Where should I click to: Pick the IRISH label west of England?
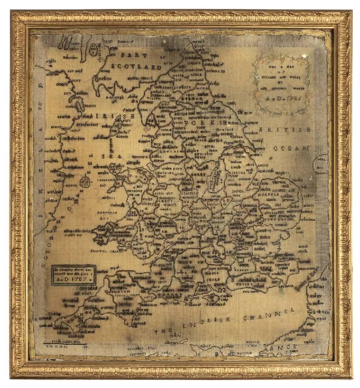(108, 116)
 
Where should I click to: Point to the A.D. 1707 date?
(72, 279)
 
